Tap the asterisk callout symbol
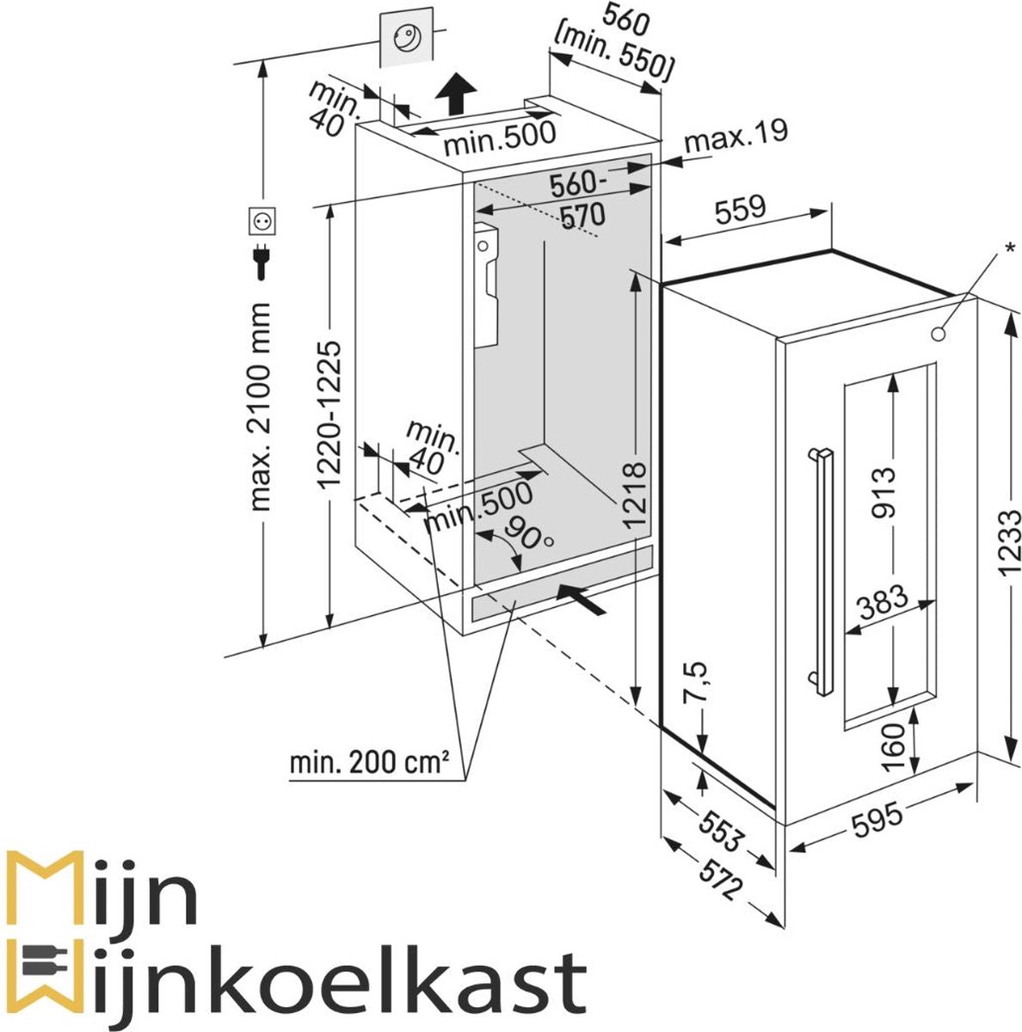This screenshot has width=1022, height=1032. pyautogui.click(x=1009, y=249)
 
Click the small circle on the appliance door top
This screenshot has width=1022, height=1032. pyautogui.click(x=940, y=333)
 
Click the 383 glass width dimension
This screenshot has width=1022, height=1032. pyautogui.click(x=883, y=599)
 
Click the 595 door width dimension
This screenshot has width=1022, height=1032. pyautogui.click(x=877, y=818)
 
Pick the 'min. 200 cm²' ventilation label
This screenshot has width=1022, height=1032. pyautogui.click(x=370, y=762)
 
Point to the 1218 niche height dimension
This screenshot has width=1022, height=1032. pyautogui.click(x=634, y=494)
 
